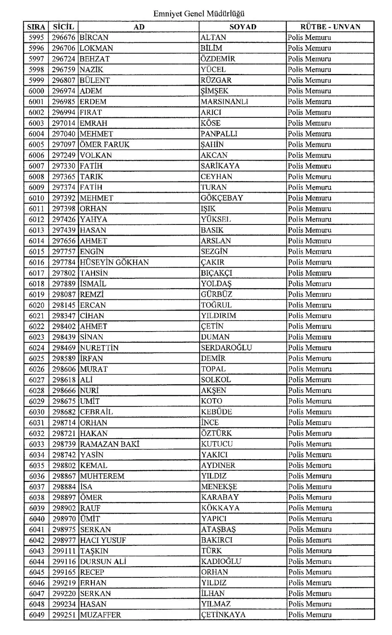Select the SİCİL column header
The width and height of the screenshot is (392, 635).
point(63,27)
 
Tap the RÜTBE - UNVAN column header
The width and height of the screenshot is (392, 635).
point(330,27)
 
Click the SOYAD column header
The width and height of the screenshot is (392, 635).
point(243,27)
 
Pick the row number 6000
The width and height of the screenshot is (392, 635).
point(37,91)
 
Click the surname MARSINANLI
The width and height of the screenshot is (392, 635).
point(225,102)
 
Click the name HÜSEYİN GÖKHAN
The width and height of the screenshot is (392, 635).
point(114,262)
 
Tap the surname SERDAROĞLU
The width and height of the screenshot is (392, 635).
point(226,348)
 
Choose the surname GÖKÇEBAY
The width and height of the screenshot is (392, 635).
point(222,198)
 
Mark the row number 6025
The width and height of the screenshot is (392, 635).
point(37,358)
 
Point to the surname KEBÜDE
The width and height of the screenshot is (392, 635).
point(216,412)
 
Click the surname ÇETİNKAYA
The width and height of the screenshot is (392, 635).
point(223,615)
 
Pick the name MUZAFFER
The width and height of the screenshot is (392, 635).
point(100,615)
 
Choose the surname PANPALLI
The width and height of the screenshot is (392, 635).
point(219,134)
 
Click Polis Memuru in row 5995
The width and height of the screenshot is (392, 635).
point(309,37)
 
